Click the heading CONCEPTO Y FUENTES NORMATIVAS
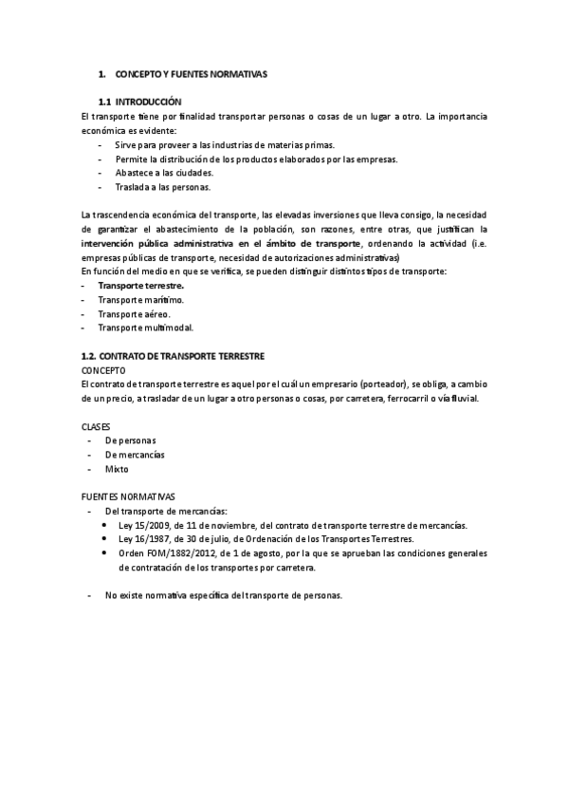tap(192, 73)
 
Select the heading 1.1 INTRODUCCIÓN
tap(139, 102)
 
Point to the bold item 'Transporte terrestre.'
tap(141, 285)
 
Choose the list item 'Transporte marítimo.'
tap(140, 299)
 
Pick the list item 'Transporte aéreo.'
tap(135, 313)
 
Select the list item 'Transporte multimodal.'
tap(145, 328)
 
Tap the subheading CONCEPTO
tap(103, 369)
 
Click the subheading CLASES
tap(97, 426)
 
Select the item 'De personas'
tap(131, 440)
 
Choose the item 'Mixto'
tap(117, 469)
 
